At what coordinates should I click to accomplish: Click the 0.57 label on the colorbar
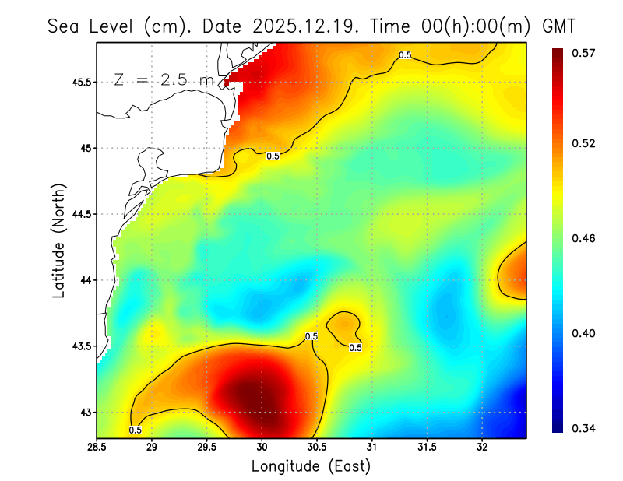pyautogui.click(x=583, y=53)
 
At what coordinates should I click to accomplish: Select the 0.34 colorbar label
pyautogui.click(x=583, y=428)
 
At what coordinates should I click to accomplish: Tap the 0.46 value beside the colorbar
pyautogui.click(x=583, y=238)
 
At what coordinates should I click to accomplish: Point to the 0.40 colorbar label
pyautogui.click(x=583, y=333)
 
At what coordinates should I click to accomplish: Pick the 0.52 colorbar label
pyautogui.click(x=583, y=143)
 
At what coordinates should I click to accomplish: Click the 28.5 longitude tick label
pyautogui.click(x=97, y=447)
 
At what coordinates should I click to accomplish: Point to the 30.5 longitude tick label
pyautogui.click(x=317, y=447)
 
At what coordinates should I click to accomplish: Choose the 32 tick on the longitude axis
pyautogui.click(x=482, y=447)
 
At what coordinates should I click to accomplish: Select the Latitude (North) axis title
pyautogui.click(x=59, y=240)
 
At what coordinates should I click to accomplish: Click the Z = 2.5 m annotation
pyautogui.click(x=162, y=79)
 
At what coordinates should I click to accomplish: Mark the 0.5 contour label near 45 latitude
pyautogui.click(x=273, y=156)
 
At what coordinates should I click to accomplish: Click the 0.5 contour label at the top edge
pyautogui.click(x=405, y=55)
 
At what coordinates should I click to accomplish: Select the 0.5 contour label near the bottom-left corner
pyautogui.click(x=135, y=430)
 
